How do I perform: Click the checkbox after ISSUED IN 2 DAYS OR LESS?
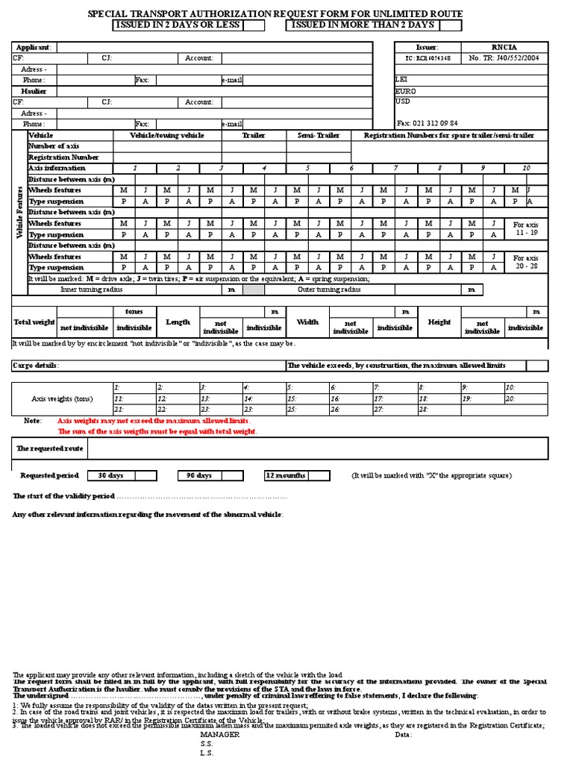[254, 25]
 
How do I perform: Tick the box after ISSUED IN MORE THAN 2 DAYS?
[450, 25]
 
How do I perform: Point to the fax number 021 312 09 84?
[428, 123]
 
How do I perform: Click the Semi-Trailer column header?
[319, 136]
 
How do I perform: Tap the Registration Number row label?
[63, 157]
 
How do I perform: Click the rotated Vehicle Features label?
[19, 212]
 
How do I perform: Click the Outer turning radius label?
[329, 289]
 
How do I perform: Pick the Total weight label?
[34, 322]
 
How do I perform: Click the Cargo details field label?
[36, 366]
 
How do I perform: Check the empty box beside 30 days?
[145, 475]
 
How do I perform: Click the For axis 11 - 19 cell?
[525, 228]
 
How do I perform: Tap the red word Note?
[33, 421]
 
